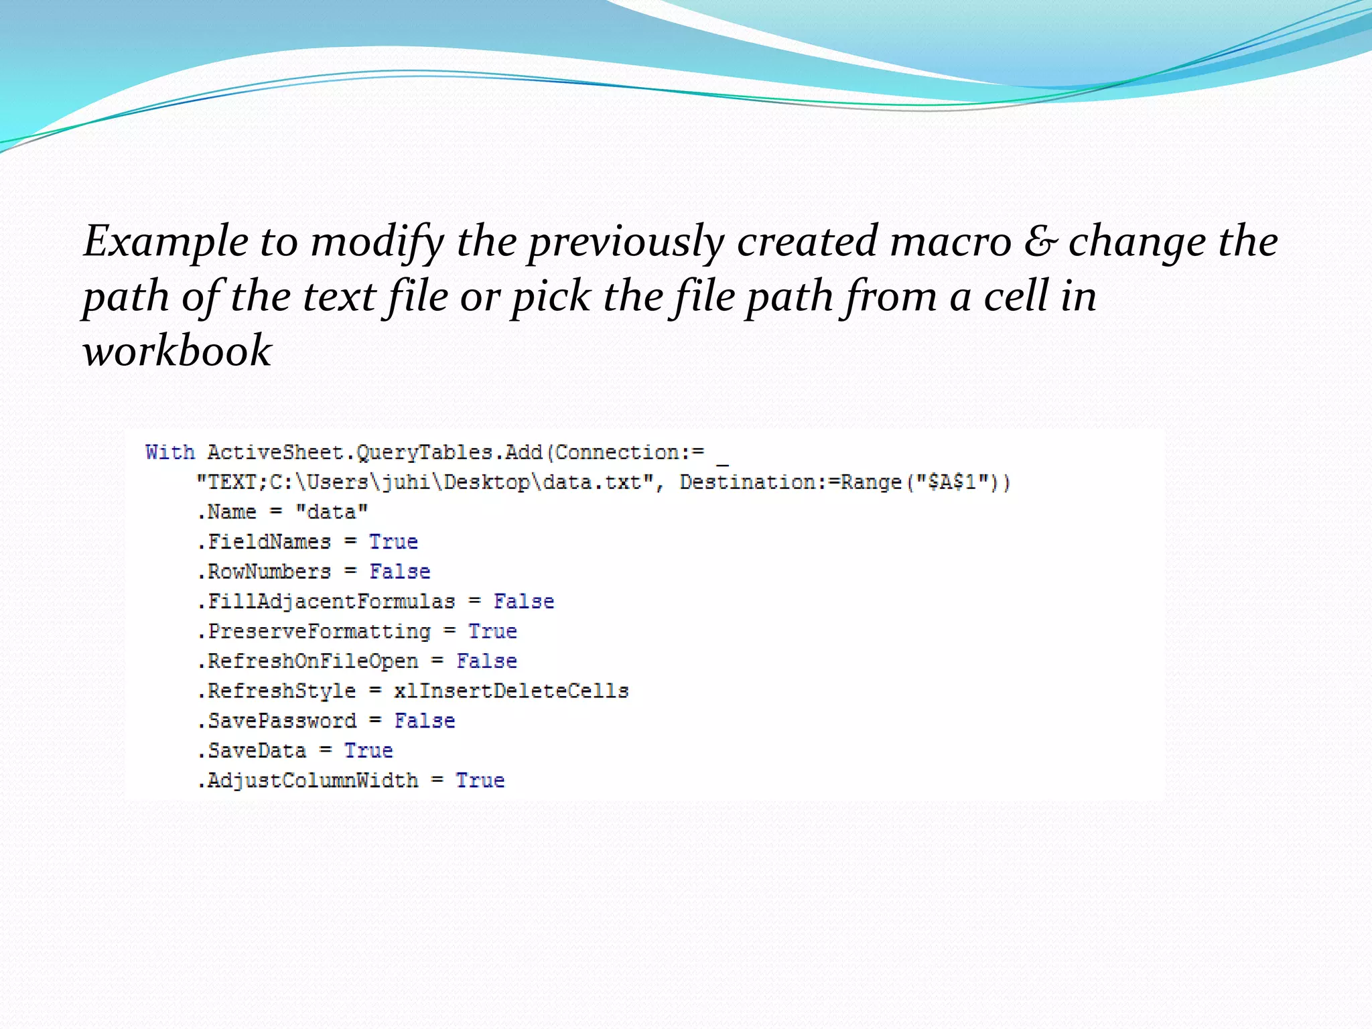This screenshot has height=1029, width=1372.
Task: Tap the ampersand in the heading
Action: point(1039,242)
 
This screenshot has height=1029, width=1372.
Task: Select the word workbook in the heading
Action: point(177,350)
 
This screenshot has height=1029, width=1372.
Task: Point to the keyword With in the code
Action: point(170,453)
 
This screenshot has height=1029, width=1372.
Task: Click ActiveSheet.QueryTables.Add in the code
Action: point(374,453)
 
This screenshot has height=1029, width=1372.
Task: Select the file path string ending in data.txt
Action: point(425,482)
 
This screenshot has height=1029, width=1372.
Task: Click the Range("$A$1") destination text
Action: point(925,482)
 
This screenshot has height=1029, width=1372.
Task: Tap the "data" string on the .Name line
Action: point(332,512)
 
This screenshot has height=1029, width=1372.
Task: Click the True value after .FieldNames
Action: point(393,542)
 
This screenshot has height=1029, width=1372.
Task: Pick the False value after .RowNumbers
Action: point(400,572)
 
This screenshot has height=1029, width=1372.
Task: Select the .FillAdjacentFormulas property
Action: point(326,602)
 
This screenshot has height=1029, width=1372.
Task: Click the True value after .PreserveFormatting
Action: point(492,631)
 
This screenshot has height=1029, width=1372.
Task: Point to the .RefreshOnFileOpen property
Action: point(307,661)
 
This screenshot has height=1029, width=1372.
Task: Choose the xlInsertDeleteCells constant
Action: point(511,691)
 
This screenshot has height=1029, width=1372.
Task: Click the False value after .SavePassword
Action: point(424,721)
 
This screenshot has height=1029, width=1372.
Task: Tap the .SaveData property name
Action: point(252,750)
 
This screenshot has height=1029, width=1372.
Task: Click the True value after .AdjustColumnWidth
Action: point(480,780)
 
